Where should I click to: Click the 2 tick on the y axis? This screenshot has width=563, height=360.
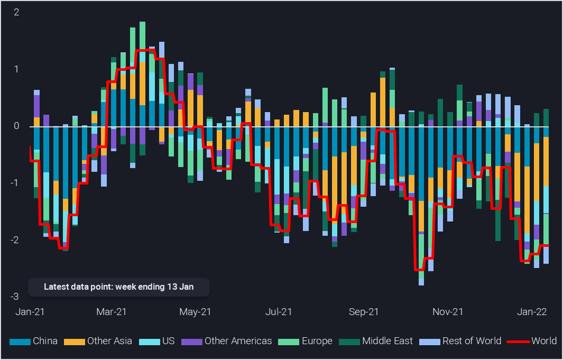[16, 12]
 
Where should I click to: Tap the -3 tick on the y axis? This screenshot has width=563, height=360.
[15, 297]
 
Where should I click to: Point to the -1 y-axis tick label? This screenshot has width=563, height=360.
[15, 183]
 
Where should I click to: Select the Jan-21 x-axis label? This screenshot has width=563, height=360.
[30, 312]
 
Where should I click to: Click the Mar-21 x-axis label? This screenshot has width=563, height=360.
[112, 312]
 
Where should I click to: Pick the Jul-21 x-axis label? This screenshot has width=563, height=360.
[279, 312]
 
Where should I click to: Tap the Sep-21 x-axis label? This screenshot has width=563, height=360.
[363, 312]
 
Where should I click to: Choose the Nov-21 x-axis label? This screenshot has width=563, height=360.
[448, 312]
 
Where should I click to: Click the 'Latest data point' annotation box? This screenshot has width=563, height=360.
[118, 287]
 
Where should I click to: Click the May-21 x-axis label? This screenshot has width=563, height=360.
[196, 312]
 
